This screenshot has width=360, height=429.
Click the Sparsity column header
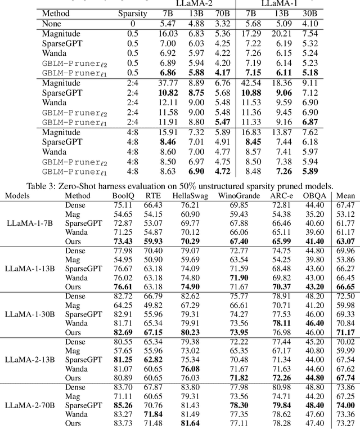(133, 14)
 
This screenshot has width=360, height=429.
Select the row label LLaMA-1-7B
(29, 223)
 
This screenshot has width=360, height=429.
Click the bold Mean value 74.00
(345, 404)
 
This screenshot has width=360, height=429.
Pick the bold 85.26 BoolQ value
(123, 404)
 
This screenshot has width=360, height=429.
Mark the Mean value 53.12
(345, 214)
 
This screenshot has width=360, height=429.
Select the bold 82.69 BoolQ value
(123, 332)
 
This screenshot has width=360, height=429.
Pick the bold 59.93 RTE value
(153, 241)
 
